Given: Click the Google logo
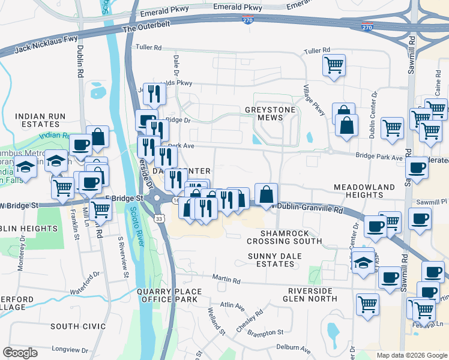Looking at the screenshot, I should (20, 353).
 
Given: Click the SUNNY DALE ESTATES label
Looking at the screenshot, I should (279, 260).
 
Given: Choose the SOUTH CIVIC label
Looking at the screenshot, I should (74, 326).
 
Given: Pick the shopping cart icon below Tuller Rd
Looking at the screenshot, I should (334, 65).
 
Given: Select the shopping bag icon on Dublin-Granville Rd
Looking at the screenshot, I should (266, 194).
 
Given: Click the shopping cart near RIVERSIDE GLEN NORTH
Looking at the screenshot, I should (367, 302).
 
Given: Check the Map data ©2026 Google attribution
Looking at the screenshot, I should (411, 355).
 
